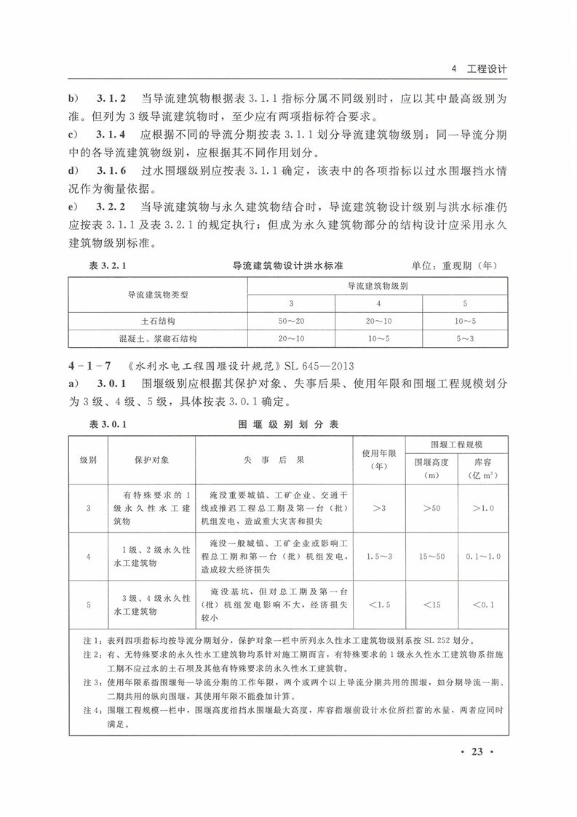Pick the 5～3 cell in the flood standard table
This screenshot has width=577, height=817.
coord(465,338)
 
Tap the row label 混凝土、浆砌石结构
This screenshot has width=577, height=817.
coord(158,338)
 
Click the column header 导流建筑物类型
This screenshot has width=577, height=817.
coord(158,295)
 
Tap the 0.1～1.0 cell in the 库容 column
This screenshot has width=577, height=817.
coord(483,557)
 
